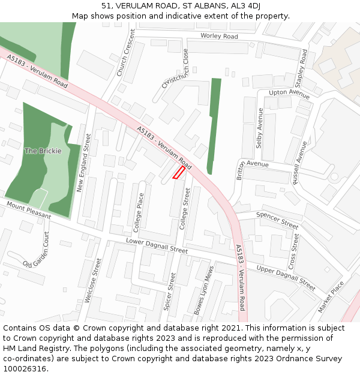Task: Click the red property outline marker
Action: click(x=178, y=173)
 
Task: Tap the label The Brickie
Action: click(x=43, y=151)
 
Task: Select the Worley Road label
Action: click(x=219, y=37)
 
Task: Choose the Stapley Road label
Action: click(x=304, y=67)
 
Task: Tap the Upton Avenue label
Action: click(x=289, y=92)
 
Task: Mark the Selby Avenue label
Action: click(x=260, y=128)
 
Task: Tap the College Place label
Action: click(x=139, y=212)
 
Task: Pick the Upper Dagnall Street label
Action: click(x=286, y=277)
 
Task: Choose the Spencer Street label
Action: click(x=277, y=220)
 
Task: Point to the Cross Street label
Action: click(x=293, y=251)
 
